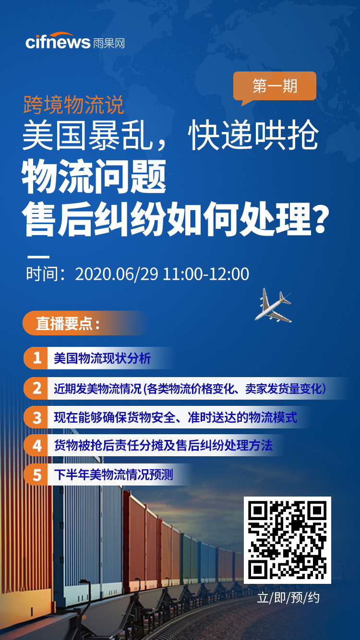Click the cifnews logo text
(x=58, y=42)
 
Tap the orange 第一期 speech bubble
(x=275, y=86)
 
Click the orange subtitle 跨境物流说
(x=74, y=105)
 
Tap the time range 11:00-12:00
(x=206, y=274)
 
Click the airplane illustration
(x=273, y=305)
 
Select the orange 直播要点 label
(x=67, y=323)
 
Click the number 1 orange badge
(x=36, y=358)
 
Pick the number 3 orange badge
(x=36, y=417)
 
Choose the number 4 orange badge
(x=36, y=446)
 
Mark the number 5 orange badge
(x=36, y=475)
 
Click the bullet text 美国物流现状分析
(x=102, y=358)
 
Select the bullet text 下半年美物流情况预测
(x=113, y=475)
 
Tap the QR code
(x=287, y=540)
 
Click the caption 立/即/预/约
(x=288, y=598)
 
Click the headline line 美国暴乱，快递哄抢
(x=170, y=136)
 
